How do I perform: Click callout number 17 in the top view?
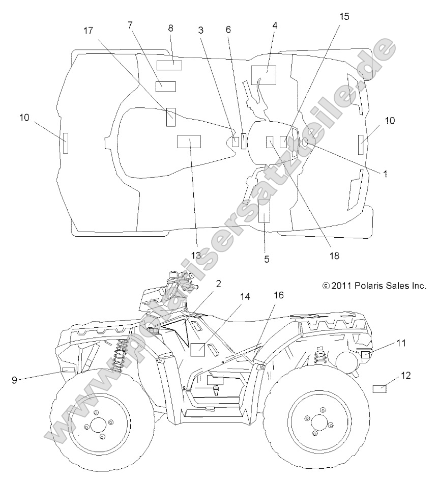tap(89, 31)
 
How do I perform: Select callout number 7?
tap(130, 25)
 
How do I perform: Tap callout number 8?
tap(170, 29)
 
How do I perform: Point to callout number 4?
tap(275, 25)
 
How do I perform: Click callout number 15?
tap(344, 16)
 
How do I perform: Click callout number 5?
tap(267, 259)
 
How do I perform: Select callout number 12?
tap(405, 375)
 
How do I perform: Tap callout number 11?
tap(401, 343)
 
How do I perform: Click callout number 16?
tap(278, 295)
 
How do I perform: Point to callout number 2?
tap(218, 284)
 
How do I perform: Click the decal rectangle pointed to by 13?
tap(189, 141)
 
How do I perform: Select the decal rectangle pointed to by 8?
tap(169, 65)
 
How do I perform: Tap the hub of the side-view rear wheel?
tap(319, 422)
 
